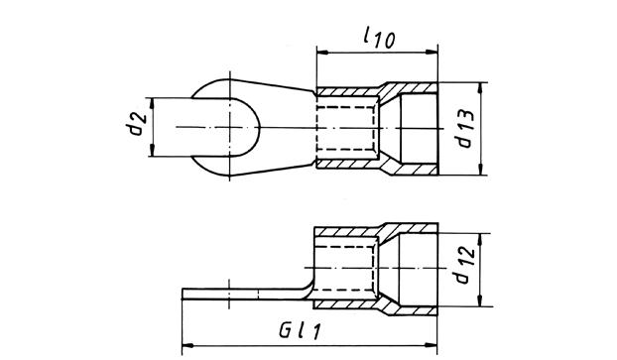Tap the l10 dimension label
click(379, 38)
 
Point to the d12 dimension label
click(465, 266)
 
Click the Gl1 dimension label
click(300, 331)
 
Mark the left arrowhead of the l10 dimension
click(322, 52)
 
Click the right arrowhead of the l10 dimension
click(432, 52)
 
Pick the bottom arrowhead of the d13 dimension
click(481, 170)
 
